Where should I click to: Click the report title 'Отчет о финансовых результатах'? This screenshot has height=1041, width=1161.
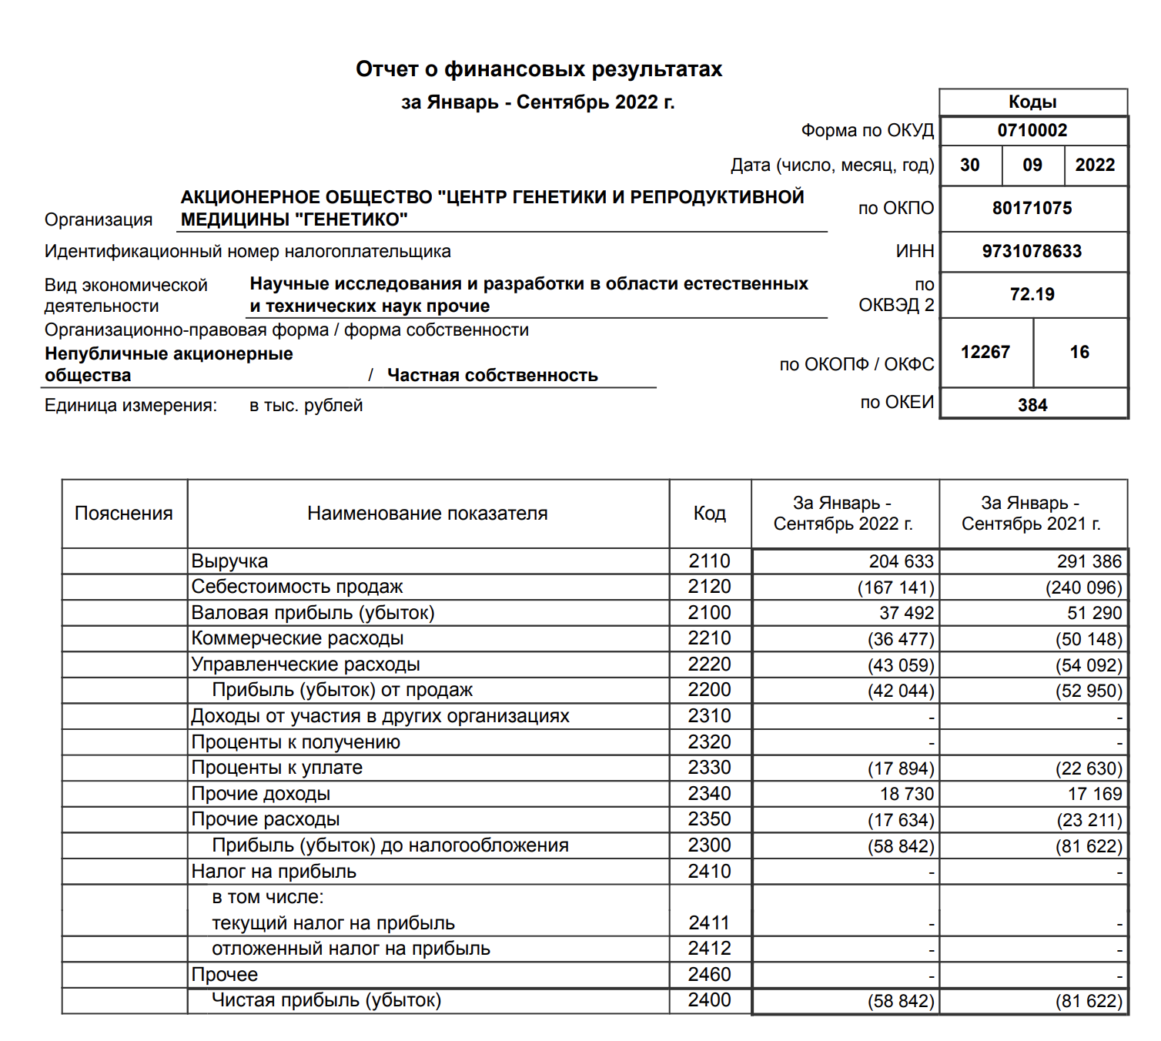[538, 70]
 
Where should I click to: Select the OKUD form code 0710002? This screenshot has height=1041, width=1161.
[1032, 131]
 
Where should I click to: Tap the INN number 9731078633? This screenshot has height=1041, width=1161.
[1032, 252]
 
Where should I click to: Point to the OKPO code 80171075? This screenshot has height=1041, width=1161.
[1032, 209]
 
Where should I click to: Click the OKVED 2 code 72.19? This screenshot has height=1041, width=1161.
[1032, 295]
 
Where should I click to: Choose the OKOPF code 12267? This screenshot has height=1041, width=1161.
[985, 353]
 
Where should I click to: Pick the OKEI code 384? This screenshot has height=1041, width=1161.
[1032, 406]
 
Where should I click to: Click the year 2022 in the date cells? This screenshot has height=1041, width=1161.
[1095, 166]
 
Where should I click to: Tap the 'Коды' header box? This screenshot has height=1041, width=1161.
[1032, 102]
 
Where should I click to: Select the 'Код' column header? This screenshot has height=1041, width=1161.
[709, 514]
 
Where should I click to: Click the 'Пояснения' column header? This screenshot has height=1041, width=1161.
[124, 514]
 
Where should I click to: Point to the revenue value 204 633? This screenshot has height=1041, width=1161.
[901, 562]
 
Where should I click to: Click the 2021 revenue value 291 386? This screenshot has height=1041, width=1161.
[1089, 562]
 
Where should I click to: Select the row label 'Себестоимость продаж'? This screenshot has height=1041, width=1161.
[297, 587]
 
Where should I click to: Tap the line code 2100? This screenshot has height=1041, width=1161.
[709, 613]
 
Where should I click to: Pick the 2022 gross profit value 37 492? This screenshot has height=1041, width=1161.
[906, 614]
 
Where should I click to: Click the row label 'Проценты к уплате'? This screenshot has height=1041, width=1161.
[277, 768]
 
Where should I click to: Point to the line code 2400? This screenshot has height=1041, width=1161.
[709, 1000]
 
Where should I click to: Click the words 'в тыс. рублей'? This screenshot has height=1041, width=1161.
[306, 406]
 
